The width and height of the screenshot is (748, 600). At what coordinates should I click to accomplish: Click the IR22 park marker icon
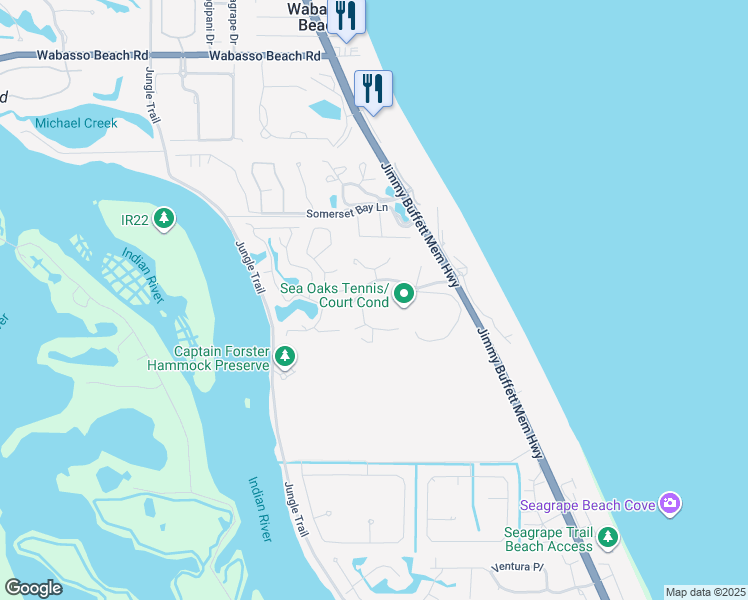point(163,218)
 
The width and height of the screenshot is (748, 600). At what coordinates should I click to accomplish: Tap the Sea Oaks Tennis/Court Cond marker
point(404,294)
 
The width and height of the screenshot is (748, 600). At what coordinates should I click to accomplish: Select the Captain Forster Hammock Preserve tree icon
point(285,357)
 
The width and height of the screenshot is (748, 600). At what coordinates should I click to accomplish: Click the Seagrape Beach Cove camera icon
point(671,504)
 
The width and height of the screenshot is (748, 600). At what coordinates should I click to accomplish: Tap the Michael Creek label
point(76,123)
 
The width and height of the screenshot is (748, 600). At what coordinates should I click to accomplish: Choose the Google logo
point(33,587)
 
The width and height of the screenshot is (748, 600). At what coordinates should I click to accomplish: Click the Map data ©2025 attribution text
point(705,592)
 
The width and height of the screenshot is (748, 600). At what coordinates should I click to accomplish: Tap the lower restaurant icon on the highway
point(373,88)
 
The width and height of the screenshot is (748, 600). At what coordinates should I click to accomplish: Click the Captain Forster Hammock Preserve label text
point(221,358)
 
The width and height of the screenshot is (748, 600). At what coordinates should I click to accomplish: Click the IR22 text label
point(134,218)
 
